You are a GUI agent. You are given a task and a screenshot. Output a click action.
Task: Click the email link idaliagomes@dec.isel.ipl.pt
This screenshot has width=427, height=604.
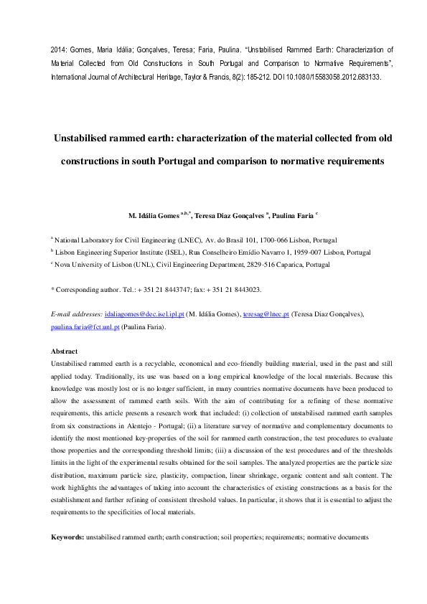(145, 314)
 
